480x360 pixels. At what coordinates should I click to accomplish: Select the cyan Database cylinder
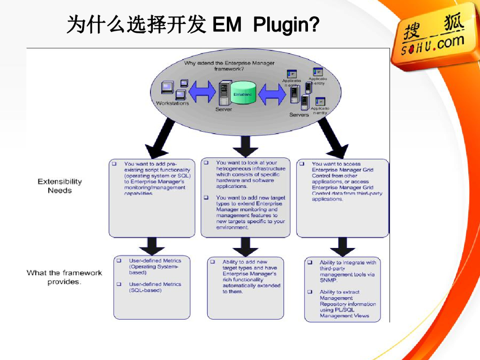pyautogui.click(x=243, y=94)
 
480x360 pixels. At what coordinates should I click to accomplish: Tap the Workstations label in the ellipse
pyautogui.click(x=172, y=103)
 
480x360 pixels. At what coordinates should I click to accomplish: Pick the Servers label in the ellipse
pyautogui.click(x=299, y=114)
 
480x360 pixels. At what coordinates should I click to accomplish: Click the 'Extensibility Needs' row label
pyautogui.click(x=60, y=186)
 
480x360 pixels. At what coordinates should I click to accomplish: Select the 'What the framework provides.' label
pyautogui.click(x=64, y=277)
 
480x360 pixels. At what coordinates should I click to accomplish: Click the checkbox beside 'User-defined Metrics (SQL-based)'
pyautogui.click(x=119, y=284)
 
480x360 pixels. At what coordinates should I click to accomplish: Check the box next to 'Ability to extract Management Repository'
pyautogui.click(x=310, y=292)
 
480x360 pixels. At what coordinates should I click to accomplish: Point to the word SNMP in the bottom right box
pyautogui.click(x=328, y=280)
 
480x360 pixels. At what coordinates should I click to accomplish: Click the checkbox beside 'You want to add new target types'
pyautogui.click(x=206, y=198)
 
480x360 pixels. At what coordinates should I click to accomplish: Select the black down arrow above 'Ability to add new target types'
pyautogui.click(x=245, y=247)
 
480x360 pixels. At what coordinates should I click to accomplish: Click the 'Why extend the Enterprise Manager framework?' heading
pyautogui.click(x=230, y=66)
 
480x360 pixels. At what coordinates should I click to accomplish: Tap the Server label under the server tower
pyautogui.click(x=224, y=109)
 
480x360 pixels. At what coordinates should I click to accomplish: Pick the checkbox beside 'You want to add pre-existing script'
pyautogui.click(x=114, y=164)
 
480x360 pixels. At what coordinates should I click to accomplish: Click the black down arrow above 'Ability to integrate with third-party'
pyautogui.click(x=343, y=247)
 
